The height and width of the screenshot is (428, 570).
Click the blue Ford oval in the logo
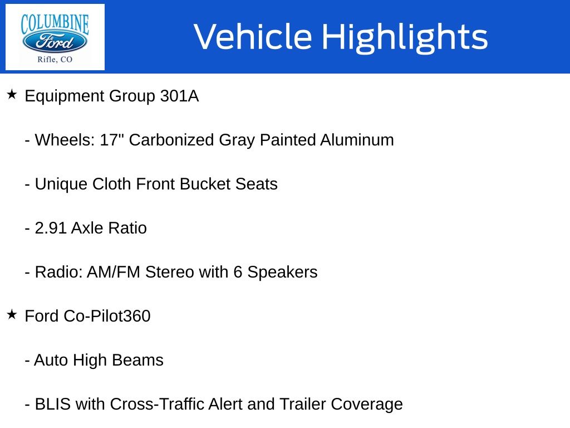click(55, 42)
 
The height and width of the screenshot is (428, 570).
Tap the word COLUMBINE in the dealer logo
click(55, 24)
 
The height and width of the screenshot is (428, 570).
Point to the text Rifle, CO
click(55, 59)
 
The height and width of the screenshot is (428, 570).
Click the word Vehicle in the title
click(253, 37)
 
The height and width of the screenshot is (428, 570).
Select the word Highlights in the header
click(405, 37)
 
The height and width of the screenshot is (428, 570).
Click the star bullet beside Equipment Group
click(12, 95)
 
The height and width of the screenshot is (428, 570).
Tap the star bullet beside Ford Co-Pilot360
click(12, 314)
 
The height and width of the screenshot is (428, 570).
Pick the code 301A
click(180, 96)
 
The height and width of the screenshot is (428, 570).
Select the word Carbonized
click(171, 140)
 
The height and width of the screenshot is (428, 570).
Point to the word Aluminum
click(357, 140)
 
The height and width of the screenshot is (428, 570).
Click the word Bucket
click(205, 184)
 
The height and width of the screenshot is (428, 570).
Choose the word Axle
click(87, 228)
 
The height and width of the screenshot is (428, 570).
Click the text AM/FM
click(114, 272)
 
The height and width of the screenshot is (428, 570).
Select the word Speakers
click(282, 273)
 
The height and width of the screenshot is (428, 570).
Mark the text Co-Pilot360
click(107, 316)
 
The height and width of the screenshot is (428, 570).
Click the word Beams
click(138, 361)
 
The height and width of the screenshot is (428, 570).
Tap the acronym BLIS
click(53, 405)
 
